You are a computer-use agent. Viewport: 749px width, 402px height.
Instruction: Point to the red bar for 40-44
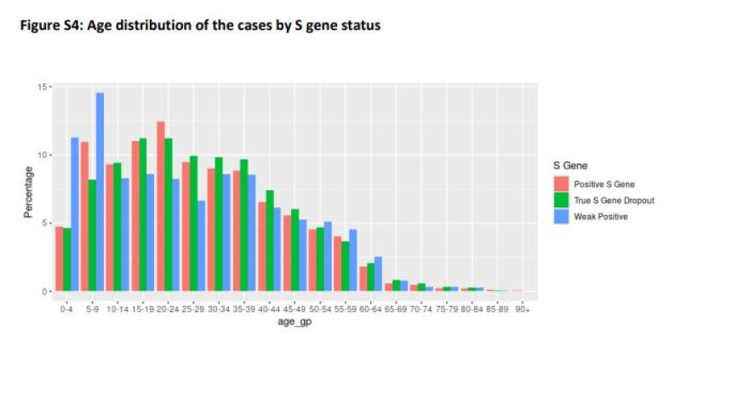(260, 246)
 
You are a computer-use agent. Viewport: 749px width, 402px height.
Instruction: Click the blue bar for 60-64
(378, 274)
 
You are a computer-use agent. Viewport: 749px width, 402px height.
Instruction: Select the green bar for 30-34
(218, 224)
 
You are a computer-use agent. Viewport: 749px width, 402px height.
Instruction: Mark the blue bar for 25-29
(201, 246)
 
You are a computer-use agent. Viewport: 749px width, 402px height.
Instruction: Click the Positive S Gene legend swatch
(561, 184)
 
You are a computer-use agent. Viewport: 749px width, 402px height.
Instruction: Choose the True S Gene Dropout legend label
(614, 201)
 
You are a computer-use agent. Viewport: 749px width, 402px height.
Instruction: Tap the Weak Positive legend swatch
(561, 217)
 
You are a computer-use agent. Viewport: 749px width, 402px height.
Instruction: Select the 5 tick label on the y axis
(43, 224)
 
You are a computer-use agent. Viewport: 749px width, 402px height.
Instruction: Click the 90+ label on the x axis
(521, 309)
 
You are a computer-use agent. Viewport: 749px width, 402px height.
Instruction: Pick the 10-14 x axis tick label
(117, 309)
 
